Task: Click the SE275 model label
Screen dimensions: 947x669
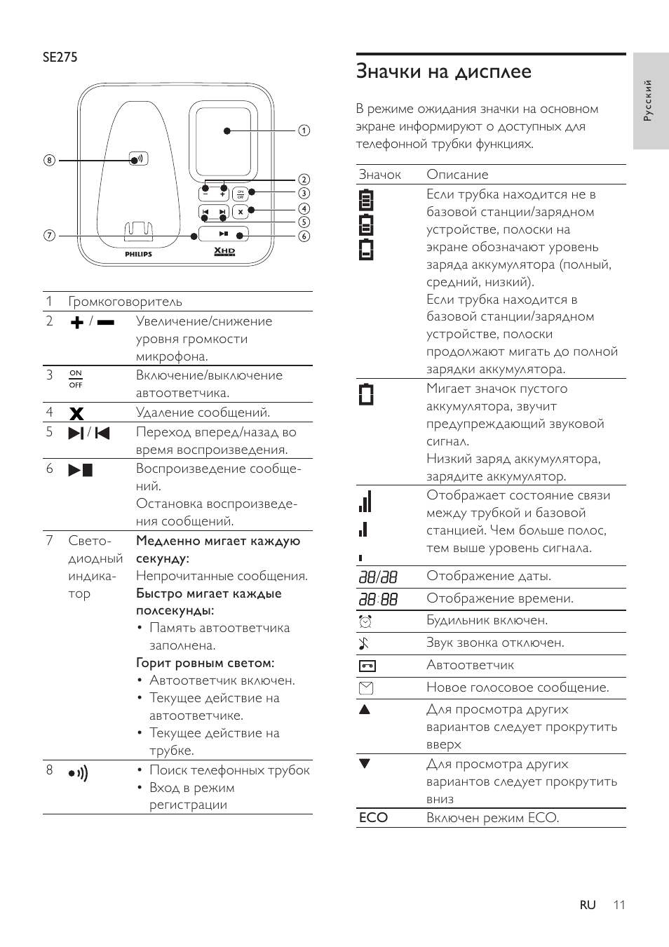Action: (60, 58)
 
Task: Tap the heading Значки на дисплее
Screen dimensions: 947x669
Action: (443, 72)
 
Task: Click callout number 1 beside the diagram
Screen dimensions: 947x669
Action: (304, 130)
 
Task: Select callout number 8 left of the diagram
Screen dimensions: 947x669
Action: (48, 160)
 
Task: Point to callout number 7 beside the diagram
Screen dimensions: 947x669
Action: (48, 236)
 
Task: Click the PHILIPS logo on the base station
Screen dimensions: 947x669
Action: (138, 254)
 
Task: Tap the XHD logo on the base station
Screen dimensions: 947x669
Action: (224, 252)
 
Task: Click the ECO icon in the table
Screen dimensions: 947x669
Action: (373, 818)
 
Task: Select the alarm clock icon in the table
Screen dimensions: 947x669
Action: (365, 621)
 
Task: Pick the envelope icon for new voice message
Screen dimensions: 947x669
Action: (366, 688)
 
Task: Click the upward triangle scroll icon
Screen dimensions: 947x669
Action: (365, 709)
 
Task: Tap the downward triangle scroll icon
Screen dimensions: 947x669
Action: (365, 764)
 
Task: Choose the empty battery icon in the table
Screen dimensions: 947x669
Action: (366, 394)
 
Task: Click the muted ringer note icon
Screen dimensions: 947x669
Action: (364, 643)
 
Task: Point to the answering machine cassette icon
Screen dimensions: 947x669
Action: (367, 666)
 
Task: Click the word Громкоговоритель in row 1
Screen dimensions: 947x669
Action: (125, 302)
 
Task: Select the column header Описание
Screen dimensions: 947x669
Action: (457, 175)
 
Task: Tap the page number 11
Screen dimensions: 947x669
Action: (618, 905)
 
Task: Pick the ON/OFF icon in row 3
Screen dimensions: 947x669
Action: (76, 379)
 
